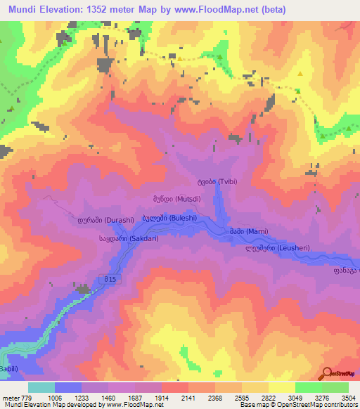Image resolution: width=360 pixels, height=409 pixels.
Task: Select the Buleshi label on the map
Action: coord(168,218)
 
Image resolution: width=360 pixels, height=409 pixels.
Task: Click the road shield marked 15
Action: coord(108,280)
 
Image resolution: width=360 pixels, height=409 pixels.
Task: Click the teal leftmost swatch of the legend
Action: coord(41,387)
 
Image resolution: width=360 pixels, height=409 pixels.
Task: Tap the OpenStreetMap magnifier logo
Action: coord(327,374)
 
